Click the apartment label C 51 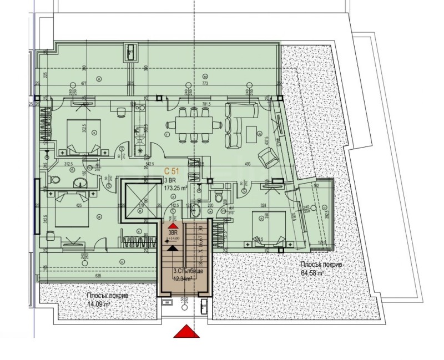(171, 171)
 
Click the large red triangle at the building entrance (186, 331)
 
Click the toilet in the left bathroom (54, 181)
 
